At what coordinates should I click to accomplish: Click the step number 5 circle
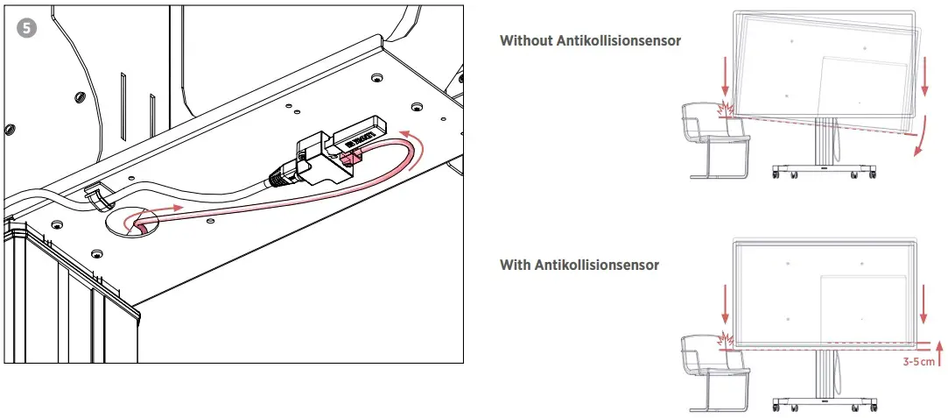[28, 27]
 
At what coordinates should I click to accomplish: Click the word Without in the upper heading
[526, 40]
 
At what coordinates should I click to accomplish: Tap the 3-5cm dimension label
[920, 360]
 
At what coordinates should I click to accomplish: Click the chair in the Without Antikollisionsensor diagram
[713, 140]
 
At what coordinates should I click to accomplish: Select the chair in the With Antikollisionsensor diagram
[713, 372]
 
